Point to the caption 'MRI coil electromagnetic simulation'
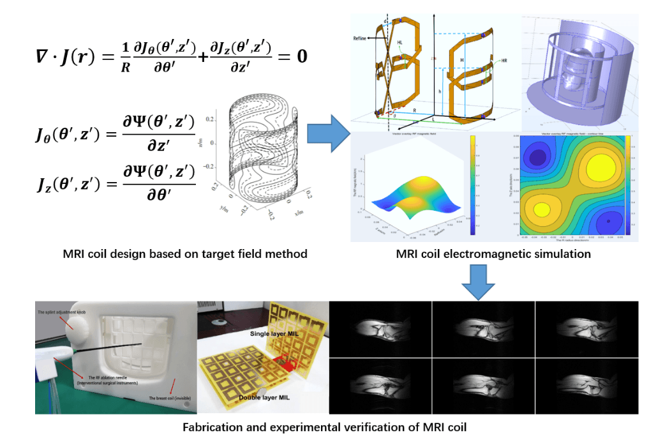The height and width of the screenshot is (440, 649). coord(493,254)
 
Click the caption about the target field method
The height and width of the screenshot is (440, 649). coord(185,254)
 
